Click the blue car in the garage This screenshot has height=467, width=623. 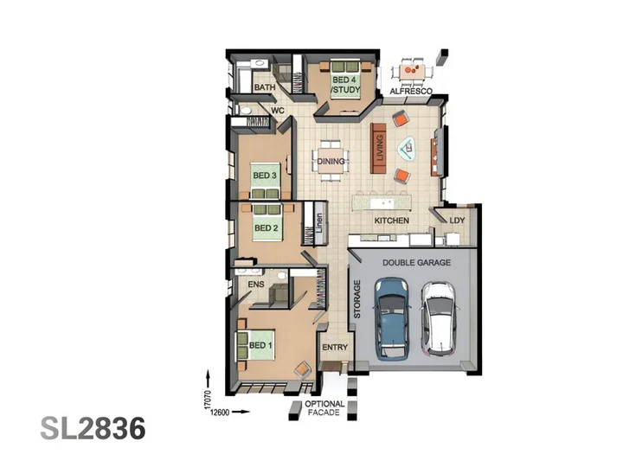(x=392, y=318)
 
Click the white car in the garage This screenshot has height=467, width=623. (x=439, y=318)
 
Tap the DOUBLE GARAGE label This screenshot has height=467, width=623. (x=416, y=263)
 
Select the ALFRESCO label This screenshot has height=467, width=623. (x=411, y=92)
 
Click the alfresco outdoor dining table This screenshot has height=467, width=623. (x=412, y=73)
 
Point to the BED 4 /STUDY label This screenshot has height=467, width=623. (x=345, y=85)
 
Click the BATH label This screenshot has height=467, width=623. (x=264, y=87)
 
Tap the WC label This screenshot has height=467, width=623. (x=278, y=110)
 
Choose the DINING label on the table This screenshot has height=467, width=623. (x=331, y=161)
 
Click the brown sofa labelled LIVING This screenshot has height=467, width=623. (x=378, y=148)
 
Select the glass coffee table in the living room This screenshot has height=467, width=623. (x=408, y=149)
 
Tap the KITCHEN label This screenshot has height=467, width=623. (x=391, y=221)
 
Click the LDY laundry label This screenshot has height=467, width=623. (x=457, y=221)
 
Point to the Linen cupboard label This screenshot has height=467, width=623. (x=319, y=223)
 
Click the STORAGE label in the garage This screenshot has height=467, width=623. (x=356, y=299)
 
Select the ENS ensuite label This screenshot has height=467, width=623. (x=255, y=285)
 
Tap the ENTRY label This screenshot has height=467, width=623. (x=335, y=348)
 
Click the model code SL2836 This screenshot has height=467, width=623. (x=93, y=428)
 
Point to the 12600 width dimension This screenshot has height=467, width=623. (x=219, y=413)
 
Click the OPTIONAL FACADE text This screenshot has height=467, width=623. (x=324, y=408)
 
